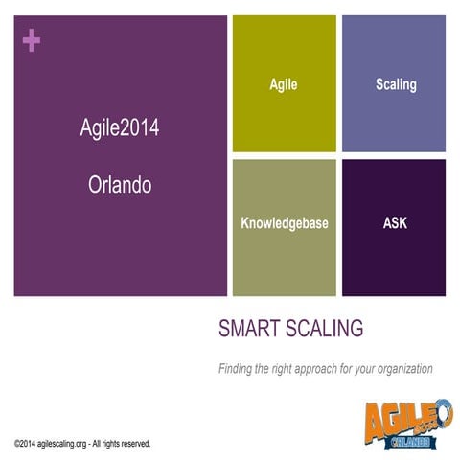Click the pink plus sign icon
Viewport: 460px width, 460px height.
(x=32, y=40)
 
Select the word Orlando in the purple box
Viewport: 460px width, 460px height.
(x=121, y=185)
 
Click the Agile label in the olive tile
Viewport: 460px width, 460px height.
(x=284, y=84)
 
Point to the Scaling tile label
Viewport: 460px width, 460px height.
(x=396, y=84)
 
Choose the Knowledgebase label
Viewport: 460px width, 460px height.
(x=285, y=223)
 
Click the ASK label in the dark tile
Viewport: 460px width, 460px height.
(x=396, y=223)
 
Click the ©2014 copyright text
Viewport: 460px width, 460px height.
(x=26, y=444)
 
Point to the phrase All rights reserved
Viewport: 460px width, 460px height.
(x=122, y=444)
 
